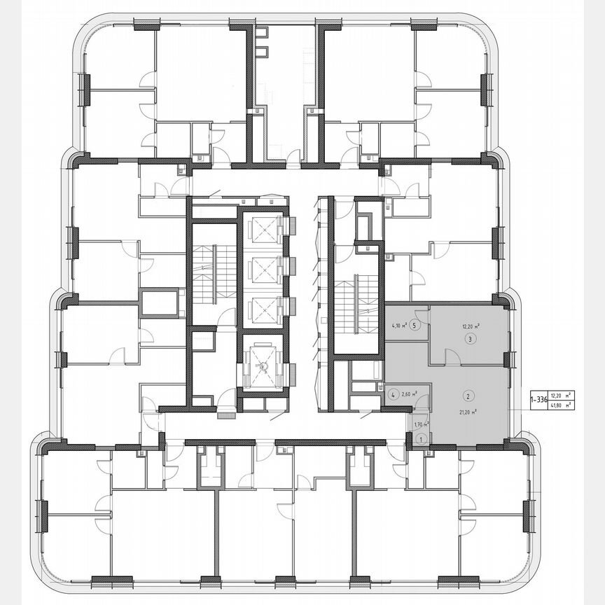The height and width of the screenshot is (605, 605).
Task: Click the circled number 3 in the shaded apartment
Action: click(x=469, y=339)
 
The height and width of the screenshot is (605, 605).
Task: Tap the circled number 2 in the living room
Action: click(x=469, y=394)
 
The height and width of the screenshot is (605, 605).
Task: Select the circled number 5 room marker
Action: click(x=416, y=326)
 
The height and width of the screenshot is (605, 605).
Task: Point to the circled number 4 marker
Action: click(x=395, y=394)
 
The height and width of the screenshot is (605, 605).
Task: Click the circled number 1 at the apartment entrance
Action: click(x=420, y=438)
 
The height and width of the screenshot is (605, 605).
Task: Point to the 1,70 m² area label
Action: click(x=420, y=424)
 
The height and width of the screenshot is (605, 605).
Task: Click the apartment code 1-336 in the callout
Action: click(x=538, y=399)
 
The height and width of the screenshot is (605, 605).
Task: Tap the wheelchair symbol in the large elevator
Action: click(x=263, y=366)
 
